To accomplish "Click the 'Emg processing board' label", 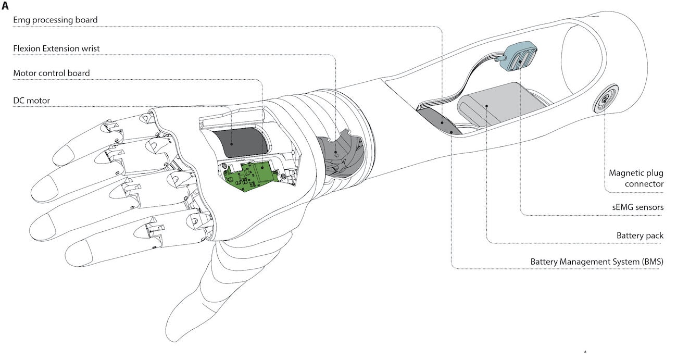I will coord(56,20).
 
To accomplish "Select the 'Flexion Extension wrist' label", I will coord(56,48).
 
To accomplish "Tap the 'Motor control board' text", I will coord(51,73).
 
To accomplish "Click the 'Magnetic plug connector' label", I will coord(636,178).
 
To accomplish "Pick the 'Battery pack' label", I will coord(640,235).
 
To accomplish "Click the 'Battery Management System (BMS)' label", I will coord(597,261).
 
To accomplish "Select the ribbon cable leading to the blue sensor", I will coord(469,83).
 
